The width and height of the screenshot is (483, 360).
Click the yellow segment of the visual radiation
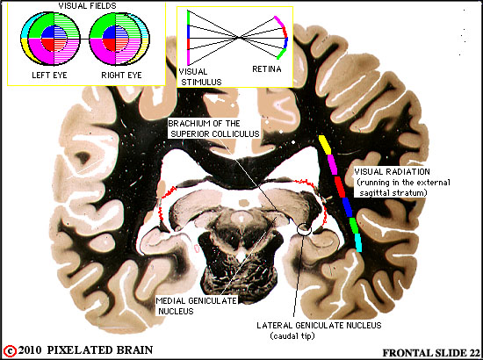coord(325,145)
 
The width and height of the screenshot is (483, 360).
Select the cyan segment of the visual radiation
coord(358,242)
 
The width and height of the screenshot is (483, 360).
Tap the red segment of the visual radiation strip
coord(340,187)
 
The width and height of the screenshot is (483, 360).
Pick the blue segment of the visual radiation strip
coord(348,207)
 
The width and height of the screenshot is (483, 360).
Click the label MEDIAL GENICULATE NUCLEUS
coord(196,306)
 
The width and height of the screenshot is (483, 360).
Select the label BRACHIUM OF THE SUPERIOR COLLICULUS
coord(213,129)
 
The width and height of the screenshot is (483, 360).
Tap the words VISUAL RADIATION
coord(392,171)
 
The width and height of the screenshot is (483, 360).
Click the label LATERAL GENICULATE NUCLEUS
coord(319,325)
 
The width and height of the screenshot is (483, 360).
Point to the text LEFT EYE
coord(49,76)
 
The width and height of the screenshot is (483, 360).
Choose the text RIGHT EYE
coord(121,76)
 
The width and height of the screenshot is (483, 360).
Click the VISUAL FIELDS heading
coord(88,6)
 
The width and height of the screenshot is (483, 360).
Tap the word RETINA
coord(267,69)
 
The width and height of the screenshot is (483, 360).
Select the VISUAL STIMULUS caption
coord(200,77)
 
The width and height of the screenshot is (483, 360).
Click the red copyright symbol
coord(11,350)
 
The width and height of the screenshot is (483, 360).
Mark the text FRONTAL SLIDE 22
coord(431,353)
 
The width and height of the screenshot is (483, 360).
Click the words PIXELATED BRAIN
coord(100,350)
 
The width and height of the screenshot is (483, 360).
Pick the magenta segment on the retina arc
coord(279,22)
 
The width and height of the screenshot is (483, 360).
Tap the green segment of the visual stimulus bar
coord(188,18)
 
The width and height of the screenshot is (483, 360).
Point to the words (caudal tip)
coord(292,335)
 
